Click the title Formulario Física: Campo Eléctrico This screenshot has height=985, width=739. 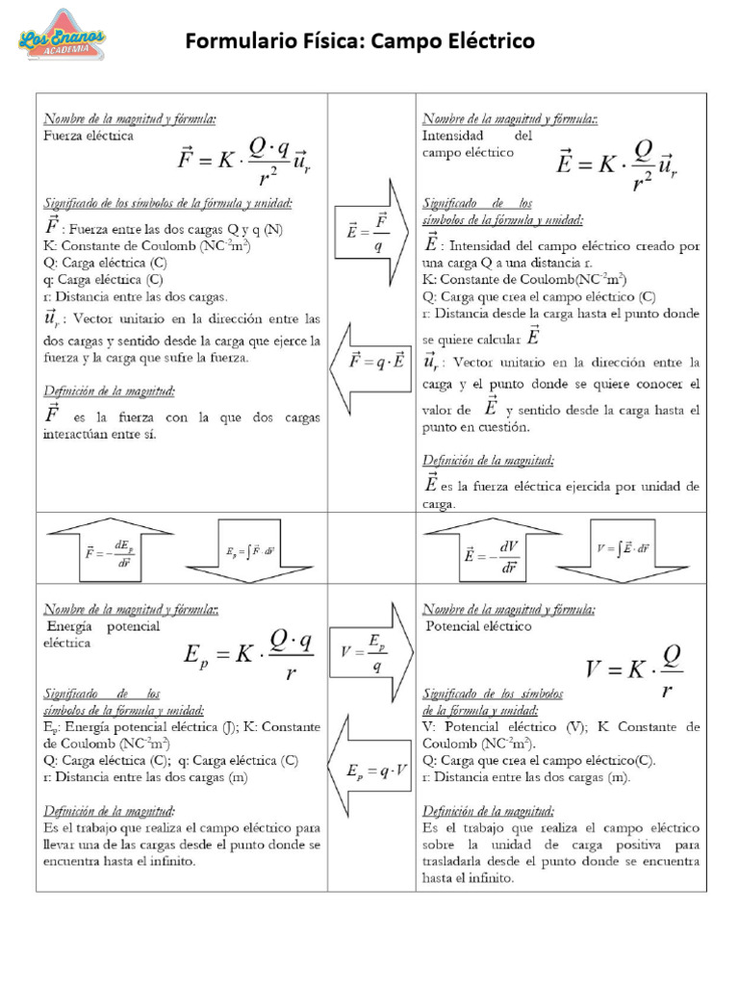coord(359,41)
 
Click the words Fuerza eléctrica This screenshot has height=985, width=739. coord(89,137)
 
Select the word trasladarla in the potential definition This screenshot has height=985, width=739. coord(458,862)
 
